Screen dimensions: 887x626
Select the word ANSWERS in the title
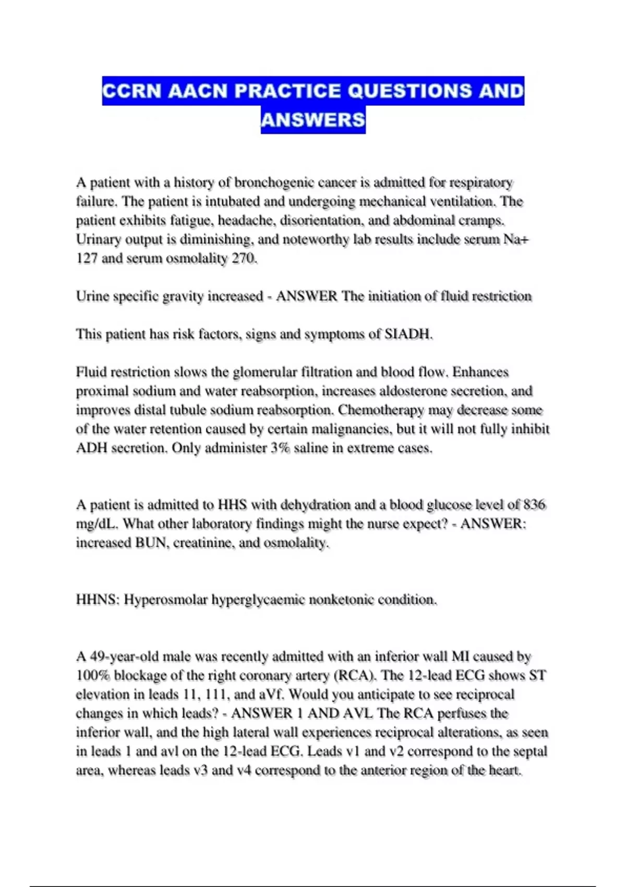tap(313, 119)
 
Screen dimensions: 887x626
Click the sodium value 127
tap(87, 258)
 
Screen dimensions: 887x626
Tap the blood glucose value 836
tap(534, 505)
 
